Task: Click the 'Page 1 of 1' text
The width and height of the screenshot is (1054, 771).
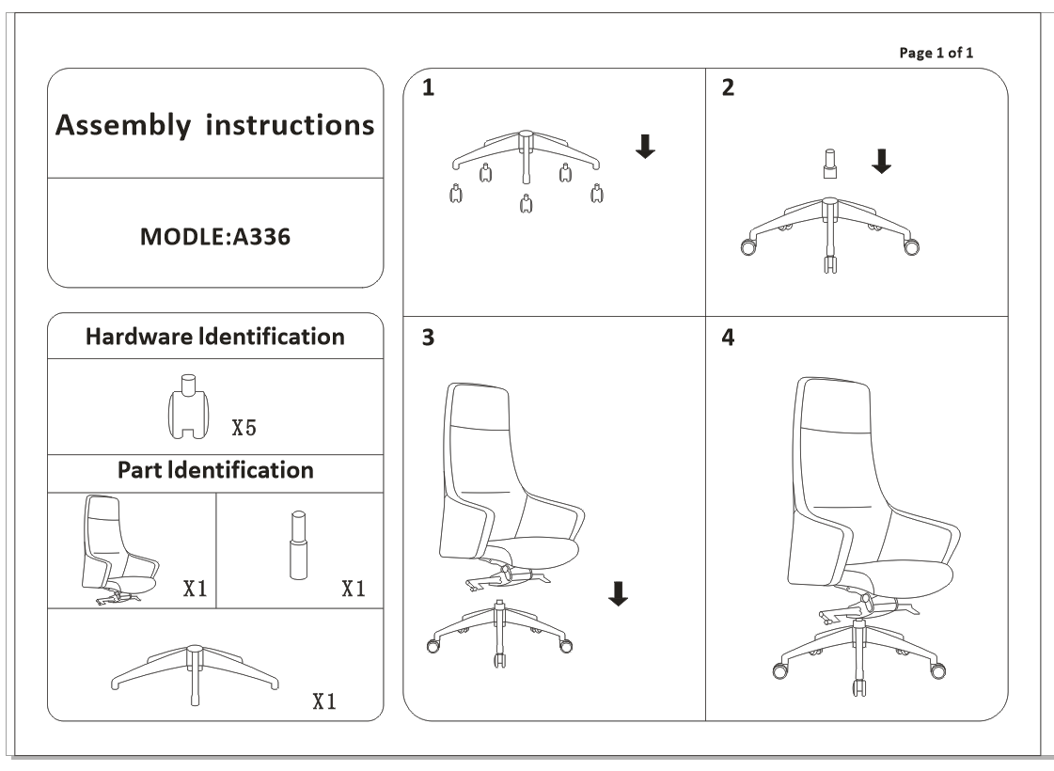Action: [x=936, y=53]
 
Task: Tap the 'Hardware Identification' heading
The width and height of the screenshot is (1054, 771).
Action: [x=215, y=337]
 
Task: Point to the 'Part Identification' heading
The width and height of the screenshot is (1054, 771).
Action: [x=215, y=469]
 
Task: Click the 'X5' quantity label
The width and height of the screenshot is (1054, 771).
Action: [x=244, y=429]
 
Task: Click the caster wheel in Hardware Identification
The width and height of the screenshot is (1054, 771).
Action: [x=189, y=407]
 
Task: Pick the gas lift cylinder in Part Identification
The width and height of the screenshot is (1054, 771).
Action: [x=298, y=545]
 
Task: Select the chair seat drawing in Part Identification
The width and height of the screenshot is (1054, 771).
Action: [x=121, y=550]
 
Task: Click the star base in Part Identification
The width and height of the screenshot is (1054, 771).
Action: [x=195, y=671]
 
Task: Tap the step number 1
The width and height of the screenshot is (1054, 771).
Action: [x=429, y=88]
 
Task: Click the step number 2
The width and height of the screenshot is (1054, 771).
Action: [x=728, y=88]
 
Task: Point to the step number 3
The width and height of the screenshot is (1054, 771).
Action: [x=429, y=339]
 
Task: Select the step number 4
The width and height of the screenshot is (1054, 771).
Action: [x=728, y=339]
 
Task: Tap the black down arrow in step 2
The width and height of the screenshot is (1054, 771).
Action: [x=881, y=163]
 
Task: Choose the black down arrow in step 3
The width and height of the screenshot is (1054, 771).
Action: [x=617, y=593]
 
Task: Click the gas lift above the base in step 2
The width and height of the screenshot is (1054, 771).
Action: [x=829, y=163]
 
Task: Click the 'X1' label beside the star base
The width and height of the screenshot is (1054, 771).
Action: [x=323, y=702]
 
